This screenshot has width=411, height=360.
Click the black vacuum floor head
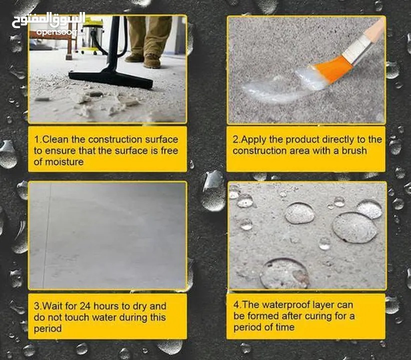point(110,78)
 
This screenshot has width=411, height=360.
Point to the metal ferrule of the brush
point(357,50)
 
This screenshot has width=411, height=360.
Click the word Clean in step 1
point(55,139)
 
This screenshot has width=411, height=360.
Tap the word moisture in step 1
point(64,162)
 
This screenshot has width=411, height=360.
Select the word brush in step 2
point(353,151)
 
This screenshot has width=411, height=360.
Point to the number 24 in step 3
point(85,306)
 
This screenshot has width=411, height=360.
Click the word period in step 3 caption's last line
point(47,329)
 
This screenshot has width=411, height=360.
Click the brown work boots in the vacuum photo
point(143,60)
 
